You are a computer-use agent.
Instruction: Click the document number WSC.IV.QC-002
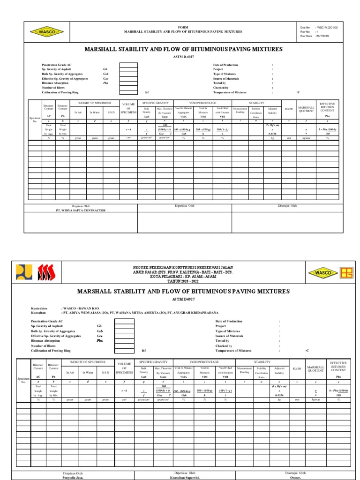pyautogui.click(x=328, y=28)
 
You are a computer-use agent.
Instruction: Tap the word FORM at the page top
pyautogui.click(x=183, y=28)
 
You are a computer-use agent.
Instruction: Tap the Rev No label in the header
pyautogui.click(x=305, y=32)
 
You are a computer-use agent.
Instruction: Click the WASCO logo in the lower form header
pyautogui.click(x=324, y=273)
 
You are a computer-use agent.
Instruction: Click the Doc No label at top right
pyautogui.click(x=305, y=28)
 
